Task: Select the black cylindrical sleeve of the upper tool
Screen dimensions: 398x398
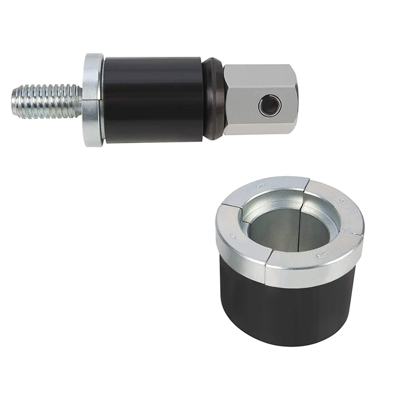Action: tap(152, 99)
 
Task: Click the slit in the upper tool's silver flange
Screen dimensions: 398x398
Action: tap(93, 100)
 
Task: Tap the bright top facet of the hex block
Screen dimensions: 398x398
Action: tap(259, 71)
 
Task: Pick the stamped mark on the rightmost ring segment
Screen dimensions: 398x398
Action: tap(342, 202)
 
